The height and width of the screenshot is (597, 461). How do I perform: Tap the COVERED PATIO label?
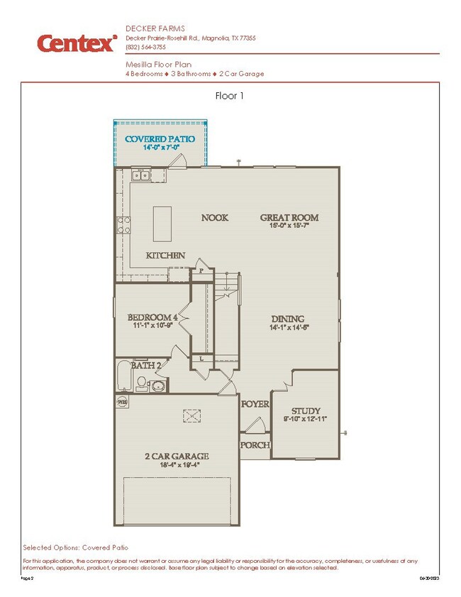(157, 138)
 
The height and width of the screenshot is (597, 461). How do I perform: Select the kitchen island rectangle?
(161, 226)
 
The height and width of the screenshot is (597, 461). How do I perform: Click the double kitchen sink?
(139, 175)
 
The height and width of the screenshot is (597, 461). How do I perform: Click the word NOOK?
(214, 217)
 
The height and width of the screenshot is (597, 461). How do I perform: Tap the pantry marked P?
(201, 270)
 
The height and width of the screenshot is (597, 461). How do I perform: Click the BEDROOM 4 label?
(152, 317)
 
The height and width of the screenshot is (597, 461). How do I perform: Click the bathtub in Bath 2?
(125, 376)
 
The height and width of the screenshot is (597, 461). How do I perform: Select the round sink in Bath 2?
(157, 385)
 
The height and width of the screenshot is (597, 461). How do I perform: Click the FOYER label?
(255, 404)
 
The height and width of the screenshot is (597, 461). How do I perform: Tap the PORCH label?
(255, 445)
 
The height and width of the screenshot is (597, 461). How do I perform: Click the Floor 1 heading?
(229, 96)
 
